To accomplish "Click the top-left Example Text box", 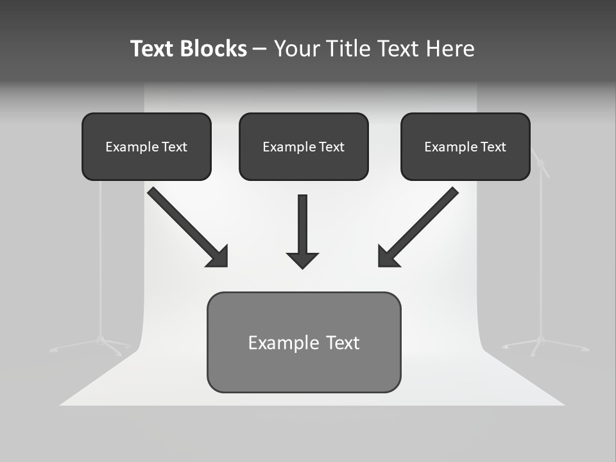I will [146, 146].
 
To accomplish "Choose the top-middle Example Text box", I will [304, 146].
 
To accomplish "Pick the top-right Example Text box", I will [465, 146].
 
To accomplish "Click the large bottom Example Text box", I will [304, 342].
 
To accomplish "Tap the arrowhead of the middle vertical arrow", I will [302, 260].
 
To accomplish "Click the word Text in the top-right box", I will [493, 147].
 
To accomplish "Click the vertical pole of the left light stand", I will [100, 257].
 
